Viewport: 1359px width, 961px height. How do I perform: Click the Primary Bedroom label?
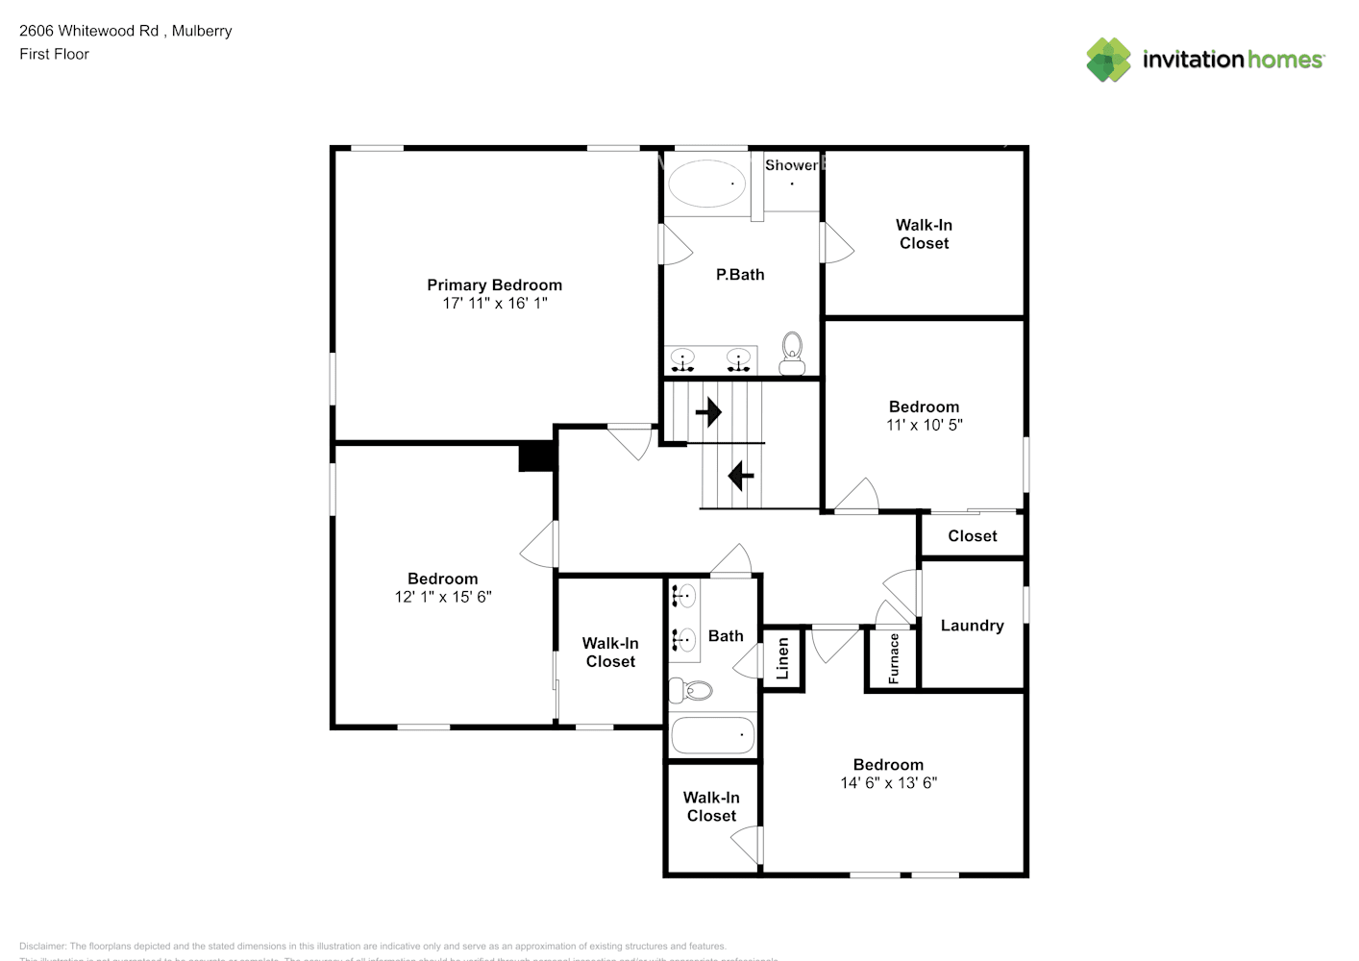[x=494, y=284]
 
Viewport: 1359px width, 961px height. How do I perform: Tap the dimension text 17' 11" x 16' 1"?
[x=494, y=303]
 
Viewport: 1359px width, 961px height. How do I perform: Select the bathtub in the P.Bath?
[x=706, y=183]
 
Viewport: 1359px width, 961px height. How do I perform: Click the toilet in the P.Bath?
[x=792, y=352]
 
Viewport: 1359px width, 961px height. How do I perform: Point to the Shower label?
[x=791, y=165]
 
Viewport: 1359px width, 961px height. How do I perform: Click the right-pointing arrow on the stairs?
[x=708, y=412]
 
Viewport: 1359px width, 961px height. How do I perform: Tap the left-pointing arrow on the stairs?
[x=740, y=475]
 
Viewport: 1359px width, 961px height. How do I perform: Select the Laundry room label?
[x=972, y=626]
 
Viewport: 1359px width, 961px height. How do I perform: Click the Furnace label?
[x=894, y=658]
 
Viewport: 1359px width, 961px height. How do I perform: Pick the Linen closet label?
[x=782, y=658]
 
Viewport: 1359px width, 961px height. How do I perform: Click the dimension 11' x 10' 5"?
[x=924, y=425]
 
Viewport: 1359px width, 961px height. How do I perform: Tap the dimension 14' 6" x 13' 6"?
[x=888, y=783]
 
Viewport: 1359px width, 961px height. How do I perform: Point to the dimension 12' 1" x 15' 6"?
[x=442, y=597]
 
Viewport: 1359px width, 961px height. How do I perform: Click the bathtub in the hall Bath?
[x=712, y=736]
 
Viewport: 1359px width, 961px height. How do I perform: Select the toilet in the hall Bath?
[x=691, y=690]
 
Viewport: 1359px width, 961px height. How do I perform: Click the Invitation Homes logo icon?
[x=1108, y=60]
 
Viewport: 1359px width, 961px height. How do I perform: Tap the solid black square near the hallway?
[x=537, y=456]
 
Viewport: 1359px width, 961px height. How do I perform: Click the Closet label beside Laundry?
[x=972, y=536]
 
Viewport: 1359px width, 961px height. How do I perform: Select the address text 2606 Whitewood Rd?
[x=89, y=31]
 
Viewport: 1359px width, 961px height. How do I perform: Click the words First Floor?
[x=54, y=54]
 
